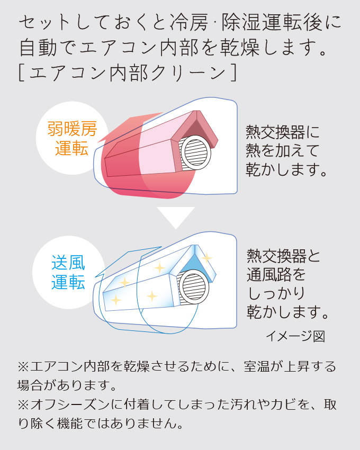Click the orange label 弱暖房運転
coord(71,139)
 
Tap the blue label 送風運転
coord(68,272)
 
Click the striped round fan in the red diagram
coord(196,151)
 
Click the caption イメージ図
coord(295,336)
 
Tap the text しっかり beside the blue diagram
coord(275,293)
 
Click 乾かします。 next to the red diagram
coord(285,169)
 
